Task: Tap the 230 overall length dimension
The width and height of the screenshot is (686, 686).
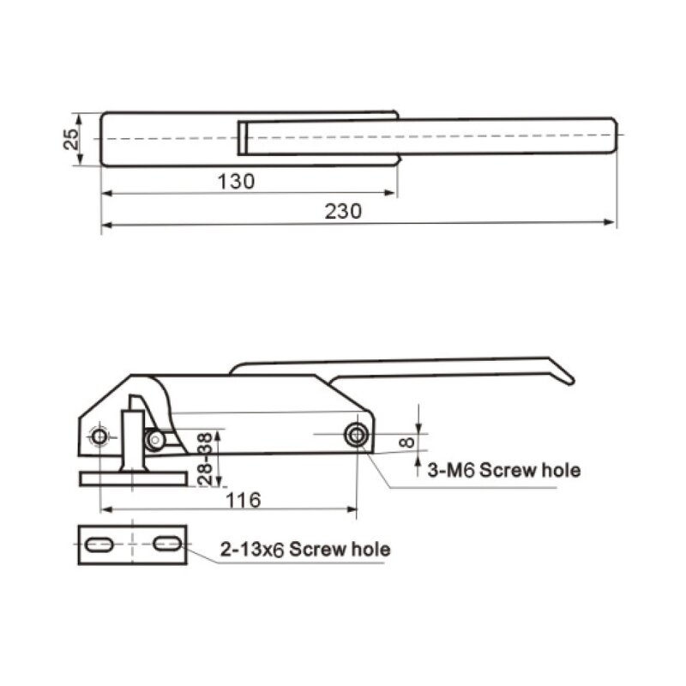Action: click(343, 211)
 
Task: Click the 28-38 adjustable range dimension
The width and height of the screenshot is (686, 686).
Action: click(205, 458)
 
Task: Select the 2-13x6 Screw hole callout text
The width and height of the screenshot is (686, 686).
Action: click(304, 550)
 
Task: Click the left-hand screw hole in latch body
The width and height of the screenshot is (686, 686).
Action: click(100, 436)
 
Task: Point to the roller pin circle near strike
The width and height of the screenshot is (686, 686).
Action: click(155, 440)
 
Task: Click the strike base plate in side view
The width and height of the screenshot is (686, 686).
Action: click(133, 478)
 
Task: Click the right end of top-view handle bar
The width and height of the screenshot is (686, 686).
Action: click(613, 137)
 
